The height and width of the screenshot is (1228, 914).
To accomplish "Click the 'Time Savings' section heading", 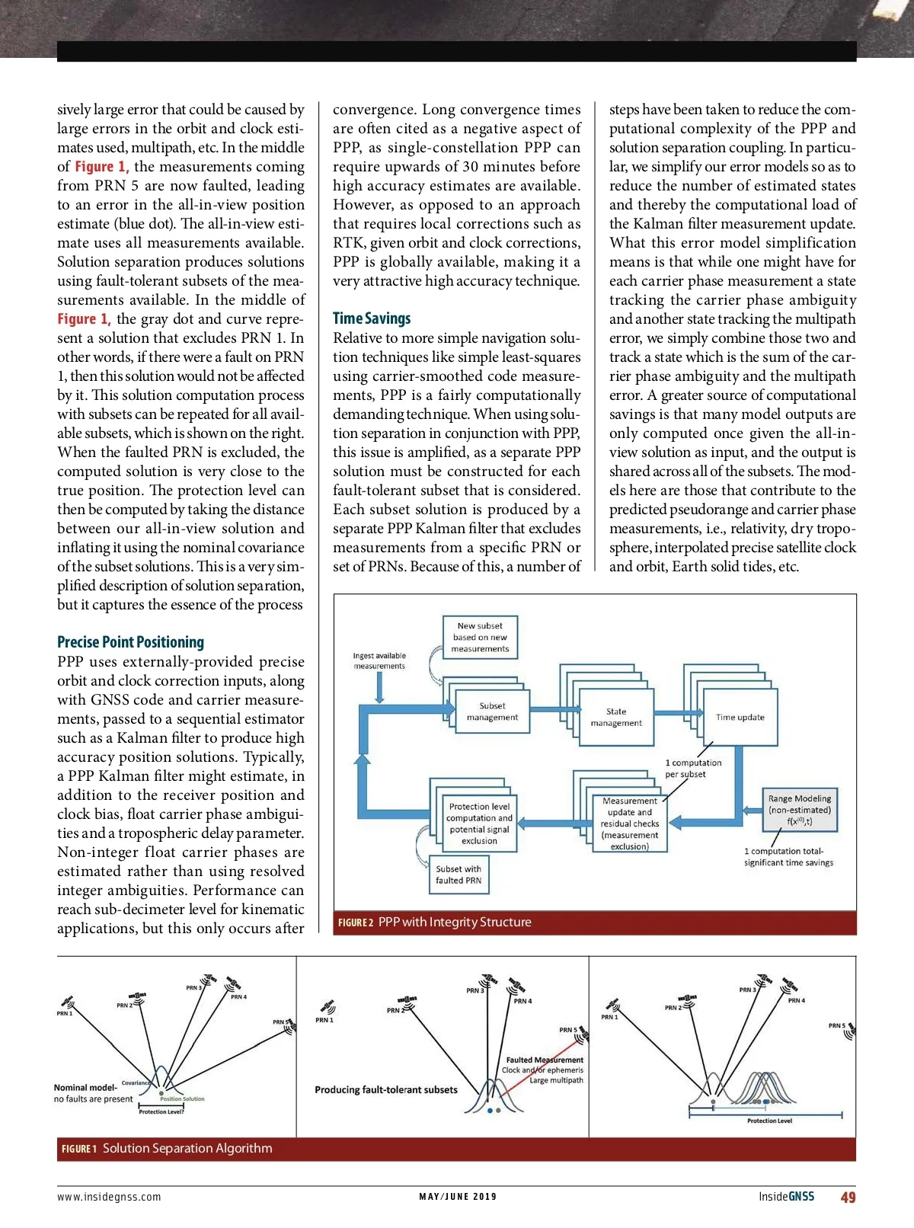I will (372, 318).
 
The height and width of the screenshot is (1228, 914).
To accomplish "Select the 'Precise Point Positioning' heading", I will (130, 642).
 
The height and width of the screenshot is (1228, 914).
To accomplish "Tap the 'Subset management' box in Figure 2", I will (492, 712).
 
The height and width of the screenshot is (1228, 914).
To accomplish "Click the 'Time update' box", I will (740, 717).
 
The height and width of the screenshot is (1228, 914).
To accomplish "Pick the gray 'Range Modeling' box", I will (799, 810).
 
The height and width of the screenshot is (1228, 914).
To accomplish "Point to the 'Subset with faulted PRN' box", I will (459, 875).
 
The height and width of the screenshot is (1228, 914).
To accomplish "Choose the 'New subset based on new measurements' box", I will (480, 637).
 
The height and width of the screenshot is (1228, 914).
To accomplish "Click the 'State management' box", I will (616, 717).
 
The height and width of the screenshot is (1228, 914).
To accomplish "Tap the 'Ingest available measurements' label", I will (379, 660).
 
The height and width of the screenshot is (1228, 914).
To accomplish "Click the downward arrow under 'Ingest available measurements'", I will (379, 689).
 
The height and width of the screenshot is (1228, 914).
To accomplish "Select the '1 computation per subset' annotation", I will (693, 768).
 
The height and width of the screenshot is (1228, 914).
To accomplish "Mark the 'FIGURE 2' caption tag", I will (356, 923).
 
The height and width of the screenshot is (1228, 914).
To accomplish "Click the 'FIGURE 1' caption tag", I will (79, 1149).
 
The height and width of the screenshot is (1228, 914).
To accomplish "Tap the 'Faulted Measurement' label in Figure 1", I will (545, 1060).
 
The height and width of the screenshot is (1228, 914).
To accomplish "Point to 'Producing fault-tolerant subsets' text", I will (386, 1089).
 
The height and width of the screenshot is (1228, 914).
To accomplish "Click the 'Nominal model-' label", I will (85, 1087).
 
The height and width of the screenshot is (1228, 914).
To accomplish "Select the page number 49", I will (848, 1197).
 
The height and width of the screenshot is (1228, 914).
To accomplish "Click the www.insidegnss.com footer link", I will (109, 1197).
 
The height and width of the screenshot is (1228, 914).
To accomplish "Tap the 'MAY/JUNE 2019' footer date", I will (458, 1197).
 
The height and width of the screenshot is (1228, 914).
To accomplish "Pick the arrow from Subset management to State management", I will (554, 709).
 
